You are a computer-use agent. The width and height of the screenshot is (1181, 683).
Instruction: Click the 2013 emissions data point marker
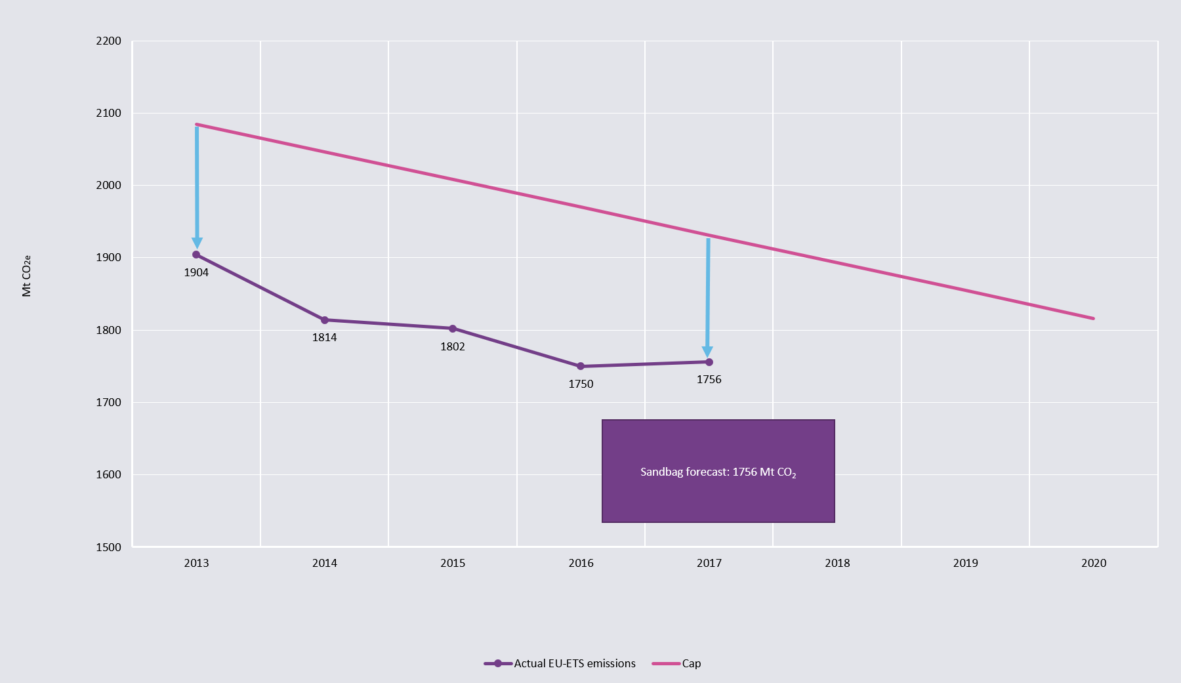click(196, 255)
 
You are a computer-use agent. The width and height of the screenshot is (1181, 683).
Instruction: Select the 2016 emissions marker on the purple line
click(581, 366)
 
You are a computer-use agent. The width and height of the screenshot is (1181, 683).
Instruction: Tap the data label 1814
click(324, 337)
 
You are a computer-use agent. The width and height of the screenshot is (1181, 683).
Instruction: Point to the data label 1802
click(453, 346)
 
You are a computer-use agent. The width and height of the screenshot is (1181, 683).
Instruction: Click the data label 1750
click(581, 384)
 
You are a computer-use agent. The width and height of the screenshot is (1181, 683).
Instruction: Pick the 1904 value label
click(196, 272)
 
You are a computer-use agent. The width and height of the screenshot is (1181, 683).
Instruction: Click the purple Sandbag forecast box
click(718, 471)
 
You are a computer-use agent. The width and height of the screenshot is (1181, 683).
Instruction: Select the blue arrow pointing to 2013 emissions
click(197, 184)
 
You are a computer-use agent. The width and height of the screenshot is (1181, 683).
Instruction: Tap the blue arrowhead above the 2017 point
click(707, 352)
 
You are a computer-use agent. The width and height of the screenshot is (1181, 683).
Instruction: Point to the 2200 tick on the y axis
click(109, 41)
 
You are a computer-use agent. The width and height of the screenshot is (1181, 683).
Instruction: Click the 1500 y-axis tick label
click(109, 547)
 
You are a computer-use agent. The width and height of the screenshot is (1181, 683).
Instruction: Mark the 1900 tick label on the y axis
click(109, 258)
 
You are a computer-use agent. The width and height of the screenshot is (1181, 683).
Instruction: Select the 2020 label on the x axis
click(1094, 563)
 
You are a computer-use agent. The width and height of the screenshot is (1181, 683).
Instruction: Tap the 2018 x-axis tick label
click(837, 563)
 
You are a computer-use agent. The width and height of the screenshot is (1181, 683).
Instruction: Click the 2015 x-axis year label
click(453, 563)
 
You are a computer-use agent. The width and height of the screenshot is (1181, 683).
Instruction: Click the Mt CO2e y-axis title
click(27, 276)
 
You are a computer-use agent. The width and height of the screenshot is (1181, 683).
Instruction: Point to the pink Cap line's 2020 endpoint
click(1093, 318)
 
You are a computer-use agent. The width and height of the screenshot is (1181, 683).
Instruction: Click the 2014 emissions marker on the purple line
click(324, 320)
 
